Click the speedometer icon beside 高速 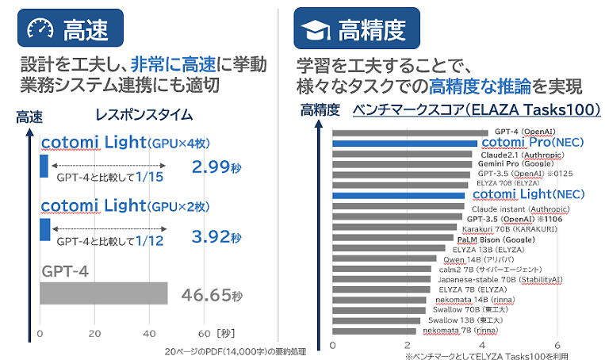tap(37, 30)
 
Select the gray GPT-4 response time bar tap(103, 293)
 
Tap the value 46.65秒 tap(211, 296)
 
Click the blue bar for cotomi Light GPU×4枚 tap(44, 167)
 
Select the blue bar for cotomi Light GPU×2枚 tap(44, 230)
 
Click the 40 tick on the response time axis tap(150, 332)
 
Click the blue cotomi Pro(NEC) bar tap(404, 144)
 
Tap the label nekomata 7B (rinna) tap(460, 330)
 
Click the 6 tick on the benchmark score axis tap(558, 345)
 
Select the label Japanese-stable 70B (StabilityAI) tap(495, 279)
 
